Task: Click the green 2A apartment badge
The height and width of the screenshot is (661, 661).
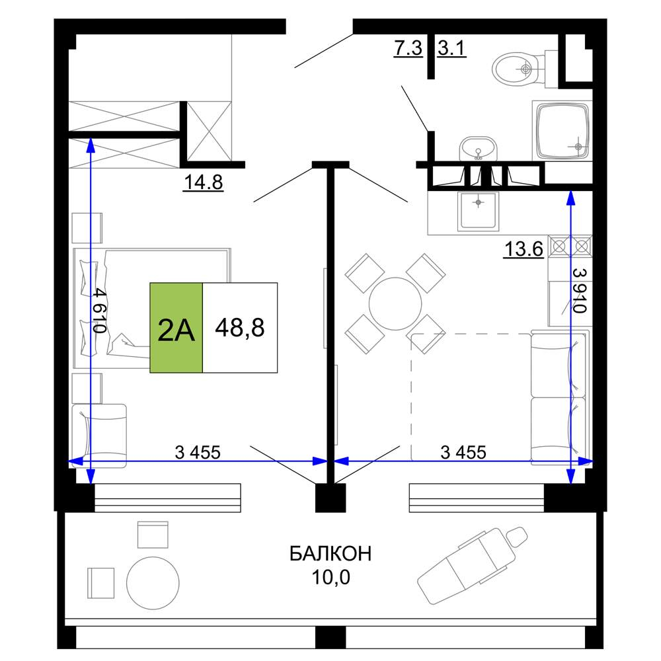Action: point(176,328)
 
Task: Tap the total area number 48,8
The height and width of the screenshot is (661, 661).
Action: point(240,328)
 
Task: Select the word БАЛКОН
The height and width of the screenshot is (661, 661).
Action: point(330,553)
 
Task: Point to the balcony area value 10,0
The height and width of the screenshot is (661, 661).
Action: point(331,577)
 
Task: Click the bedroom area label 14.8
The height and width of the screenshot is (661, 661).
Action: point(203,182)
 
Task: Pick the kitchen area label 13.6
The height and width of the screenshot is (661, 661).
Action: point(524,249)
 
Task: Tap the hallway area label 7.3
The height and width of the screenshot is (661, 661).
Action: point(408,48)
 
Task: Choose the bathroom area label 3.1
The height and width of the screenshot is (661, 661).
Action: point(451,48)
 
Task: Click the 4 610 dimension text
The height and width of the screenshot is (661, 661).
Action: point(100,310)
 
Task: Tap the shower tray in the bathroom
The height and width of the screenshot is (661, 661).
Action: point(562,130)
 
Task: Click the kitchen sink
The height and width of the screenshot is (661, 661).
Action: point(479,211)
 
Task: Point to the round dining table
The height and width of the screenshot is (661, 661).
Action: point(395,303)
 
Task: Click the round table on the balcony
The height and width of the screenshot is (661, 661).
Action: point(153,583)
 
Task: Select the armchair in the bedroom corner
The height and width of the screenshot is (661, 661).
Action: point(99,436)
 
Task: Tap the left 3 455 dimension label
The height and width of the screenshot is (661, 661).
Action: point(198,452)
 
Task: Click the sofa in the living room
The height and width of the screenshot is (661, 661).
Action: point(559,397)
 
